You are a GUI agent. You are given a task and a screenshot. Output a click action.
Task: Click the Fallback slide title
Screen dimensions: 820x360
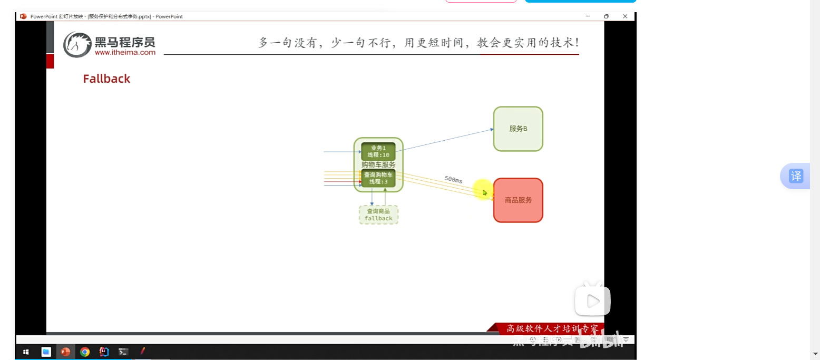click(x=106, y=79)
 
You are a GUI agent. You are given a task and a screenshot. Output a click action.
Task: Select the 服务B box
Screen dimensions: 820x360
click(x=518, y=129)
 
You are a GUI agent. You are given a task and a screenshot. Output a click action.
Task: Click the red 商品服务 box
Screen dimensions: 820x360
click(x=518, y=200)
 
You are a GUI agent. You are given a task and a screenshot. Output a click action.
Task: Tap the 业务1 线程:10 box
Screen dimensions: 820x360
click(x=378, y=151)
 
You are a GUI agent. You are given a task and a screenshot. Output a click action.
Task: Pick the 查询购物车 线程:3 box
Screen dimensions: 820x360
click(x=378, y=178)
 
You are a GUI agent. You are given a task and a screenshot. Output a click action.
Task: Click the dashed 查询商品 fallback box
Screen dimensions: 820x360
click(x=378, y=215)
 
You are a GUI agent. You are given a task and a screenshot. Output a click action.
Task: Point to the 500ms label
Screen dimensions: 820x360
click(x=453, y=180)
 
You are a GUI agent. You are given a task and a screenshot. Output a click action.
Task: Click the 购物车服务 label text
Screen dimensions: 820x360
click(x=378, y=164)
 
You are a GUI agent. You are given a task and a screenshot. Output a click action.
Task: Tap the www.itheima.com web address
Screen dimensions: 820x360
click(x=125, y=52)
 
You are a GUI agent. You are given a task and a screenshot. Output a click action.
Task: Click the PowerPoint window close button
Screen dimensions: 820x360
click(x=625, y=16)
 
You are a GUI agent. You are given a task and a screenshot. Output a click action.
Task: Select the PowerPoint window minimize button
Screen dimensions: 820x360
click(x=588, y=16)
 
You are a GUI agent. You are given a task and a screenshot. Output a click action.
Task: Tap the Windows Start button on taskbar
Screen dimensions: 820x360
click(x=25, y=352)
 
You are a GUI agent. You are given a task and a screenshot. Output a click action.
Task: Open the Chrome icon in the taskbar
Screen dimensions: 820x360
click(x=85, y=352)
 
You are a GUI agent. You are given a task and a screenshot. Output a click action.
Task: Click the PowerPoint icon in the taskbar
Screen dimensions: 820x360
click(x=65, y=352)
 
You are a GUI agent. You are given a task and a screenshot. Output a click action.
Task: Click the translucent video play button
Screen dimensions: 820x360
click(x=592, y=301)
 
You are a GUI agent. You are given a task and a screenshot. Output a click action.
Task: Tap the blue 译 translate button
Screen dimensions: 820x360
click(x=796, y=176)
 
